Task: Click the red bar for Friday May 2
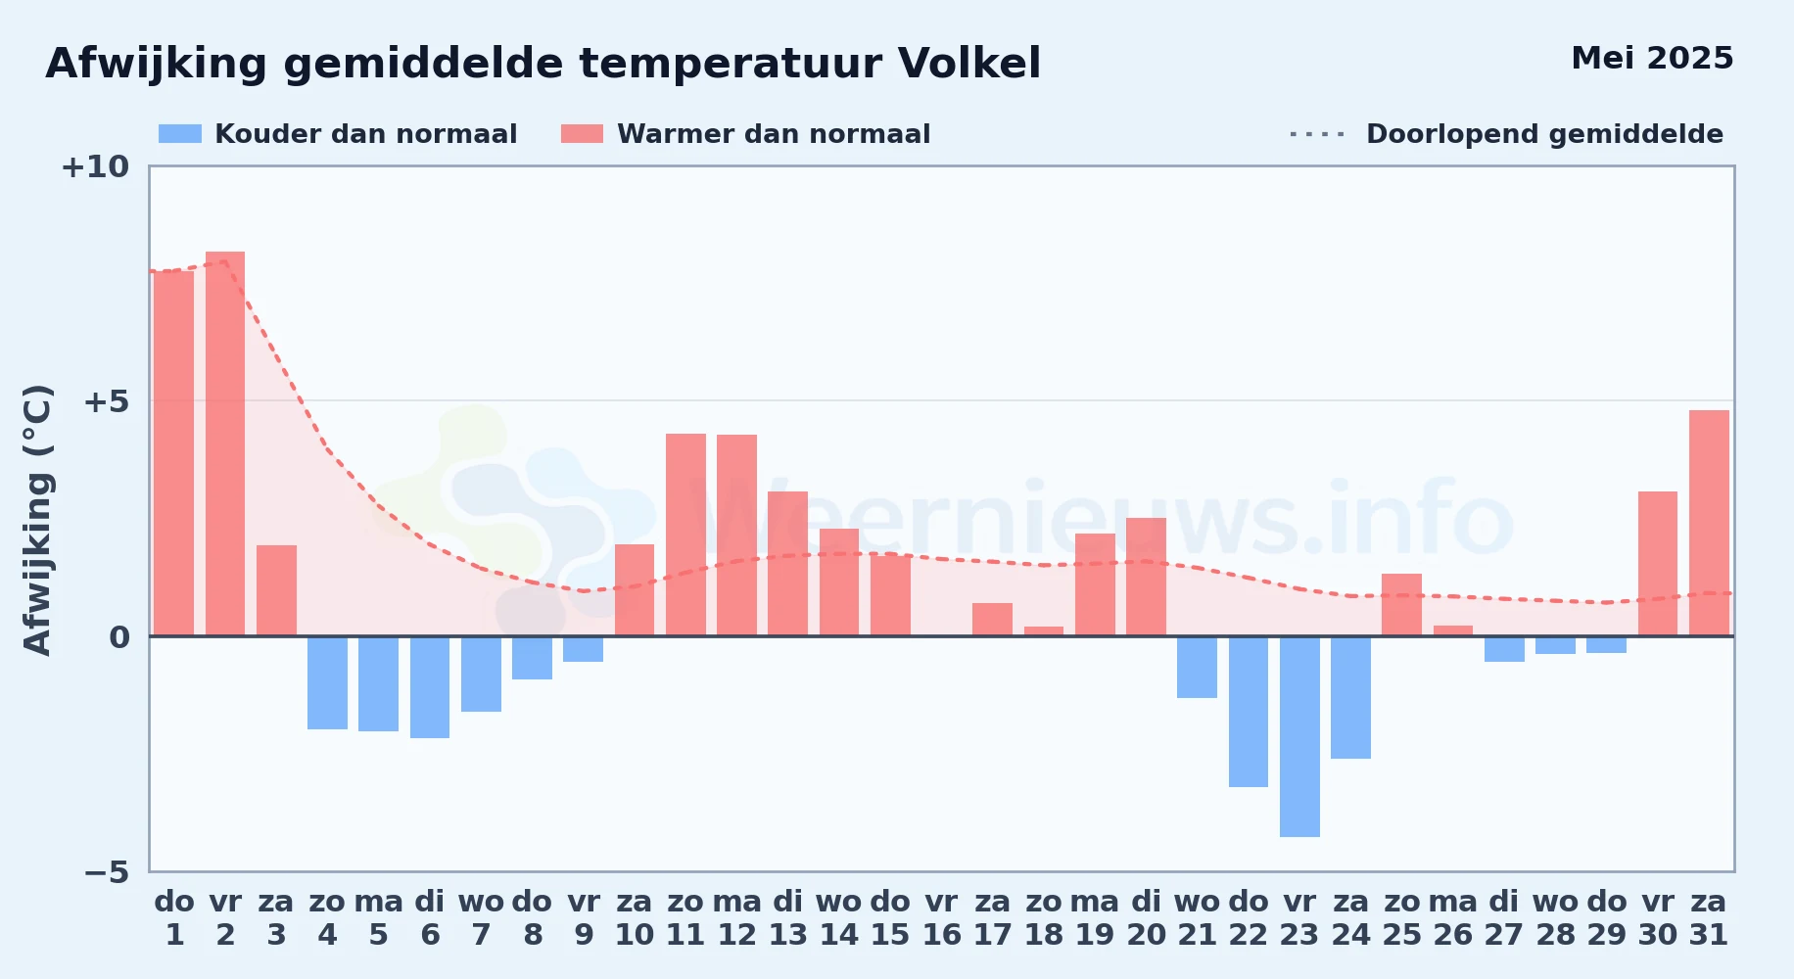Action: tap(225, 443)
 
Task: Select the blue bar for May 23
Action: tap(1299, 736)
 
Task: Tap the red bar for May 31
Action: tap(1709, 523)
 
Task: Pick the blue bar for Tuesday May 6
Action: tap(430, 687)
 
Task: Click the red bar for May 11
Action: tap(685, 535)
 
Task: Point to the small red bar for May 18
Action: tap(1044, 631)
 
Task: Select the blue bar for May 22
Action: tap(1249, 712)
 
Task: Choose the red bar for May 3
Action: tap(276, 590)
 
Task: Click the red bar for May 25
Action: tap(1401, 605)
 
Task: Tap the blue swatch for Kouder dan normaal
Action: tap(180, 134)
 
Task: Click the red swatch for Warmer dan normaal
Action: tap(583, 134)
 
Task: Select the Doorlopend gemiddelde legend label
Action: tap(1544, 134)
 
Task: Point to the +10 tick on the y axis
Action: tap(95, 166)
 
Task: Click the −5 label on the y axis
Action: tap(107, 872)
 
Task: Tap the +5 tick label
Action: tap(107, 401)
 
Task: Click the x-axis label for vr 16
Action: tap(941, 918)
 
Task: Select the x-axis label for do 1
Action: tap(174, 918)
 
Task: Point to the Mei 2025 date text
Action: tap(1652, 58)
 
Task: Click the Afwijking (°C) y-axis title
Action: tap(37, 520)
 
